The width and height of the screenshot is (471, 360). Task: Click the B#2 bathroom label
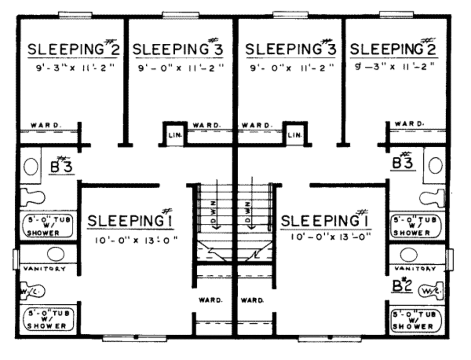pyautogui.click(x=402, y=286)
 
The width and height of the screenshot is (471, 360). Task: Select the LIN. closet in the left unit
pyautogui.click(x=175, y=135)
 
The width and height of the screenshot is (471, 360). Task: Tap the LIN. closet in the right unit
pyautogui.click(x=295, y=135)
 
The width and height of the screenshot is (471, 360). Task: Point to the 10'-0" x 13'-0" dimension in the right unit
pyautogui.click(x=331, y=237)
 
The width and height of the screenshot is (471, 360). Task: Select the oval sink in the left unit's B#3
pyautogui.click(x=31, y=166)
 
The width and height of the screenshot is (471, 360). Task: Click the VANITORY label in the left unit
pyautogui.click(x=45, y=268)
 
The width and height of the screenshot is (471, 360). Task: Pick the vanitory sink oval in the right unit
pyautogui.click(x=408, y=255)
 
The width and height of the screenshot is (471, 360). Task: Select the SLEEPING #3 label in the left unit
pyautogui.click(x=178, y=48)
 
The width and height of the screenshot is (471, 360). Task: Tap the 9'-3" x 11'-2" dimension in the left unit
pyautogui.click(x=75, y=68)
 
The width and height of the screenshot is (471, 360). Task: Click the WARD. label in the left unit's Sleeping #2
pyautogui.click(x=46, y=125)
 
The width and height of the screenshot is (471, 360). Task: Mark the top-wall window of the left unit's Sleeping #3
pyautogui.click(x=180, y=15)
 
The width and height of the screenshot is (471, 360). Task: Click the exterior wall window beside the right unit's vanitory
pyautogui.click(x=450, y=260)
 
